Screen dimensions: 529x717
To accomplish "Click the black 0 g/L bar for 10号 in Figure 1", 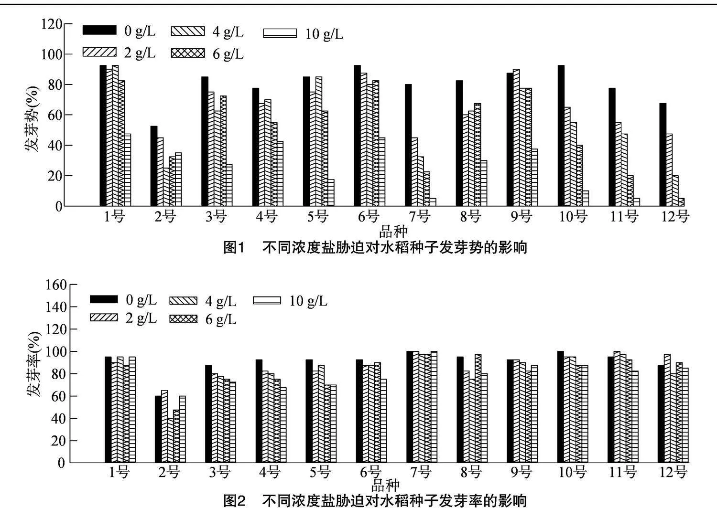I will coord(561,136).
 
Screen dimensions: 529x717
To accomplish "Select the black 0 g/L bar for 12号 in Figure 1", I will coord(663,155).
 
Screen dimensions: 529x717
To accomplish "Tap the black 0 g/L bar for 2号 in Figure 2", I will coord(158,429).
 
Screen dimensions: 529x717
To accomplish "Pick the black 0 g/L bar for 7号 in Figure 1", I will coord(408,145).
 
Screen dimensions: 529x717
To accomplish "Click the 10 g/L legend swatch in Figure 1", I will coord(280,34).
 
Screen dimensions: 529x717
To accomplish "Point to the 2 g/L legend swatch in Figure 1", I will coord(99,52).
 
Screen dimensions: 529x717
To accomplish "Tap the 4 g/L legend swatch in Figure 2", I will coord(183,300).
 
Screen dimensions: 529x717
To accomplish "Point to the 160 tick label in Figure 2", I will coord(55,285).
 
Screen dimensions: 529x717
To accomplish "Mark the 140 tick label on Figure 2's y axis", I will coord(55,307).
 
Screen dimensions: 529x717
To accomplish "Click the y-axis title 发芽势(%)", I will coord(33,118).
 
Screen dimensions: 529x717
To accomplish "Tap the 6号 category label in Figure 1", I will coord(369,217).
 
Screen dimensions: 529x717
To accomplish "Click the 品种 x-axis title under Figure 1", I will coord(393,232).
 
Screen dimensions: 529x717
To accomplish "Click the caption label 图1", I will coord(234,247).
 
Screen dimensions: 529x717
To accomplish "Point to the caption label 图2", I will coord(234,501).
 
